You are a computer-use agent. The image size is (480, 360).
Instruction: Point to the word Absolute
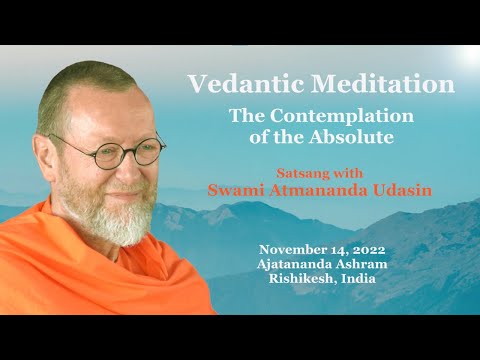(x=359, y=136)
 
